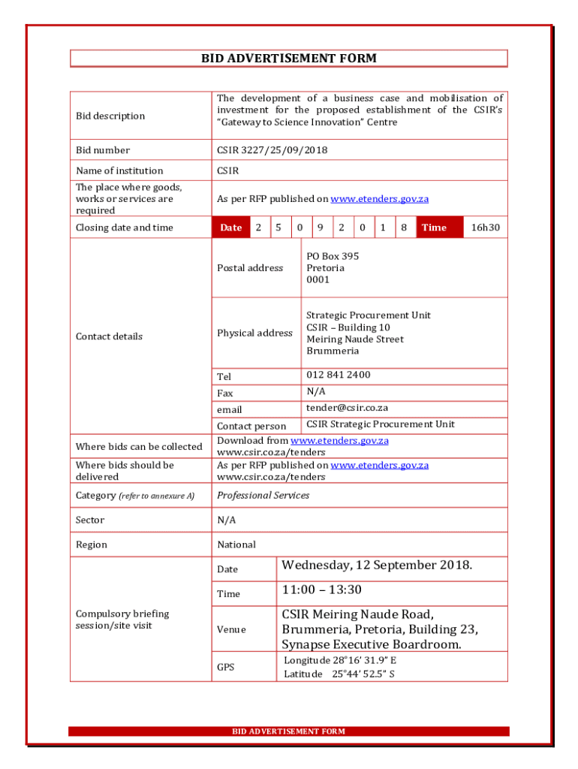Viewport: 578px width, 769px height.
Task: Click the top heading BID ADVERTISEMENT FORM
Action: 288,59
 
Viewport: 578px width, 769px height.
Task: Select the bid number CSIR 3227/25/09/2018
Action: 272,150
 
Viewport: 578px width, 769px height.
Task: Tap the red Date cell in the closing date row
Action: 230,228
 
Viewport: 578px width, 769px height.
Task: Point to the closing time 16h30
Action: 485,228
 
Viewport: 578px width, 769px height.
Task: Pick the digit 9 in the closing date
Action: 321,228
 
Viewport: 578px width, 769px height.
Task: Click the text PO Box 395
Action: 333,256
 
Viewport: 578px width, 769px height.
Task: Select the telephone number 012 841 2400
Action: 338,375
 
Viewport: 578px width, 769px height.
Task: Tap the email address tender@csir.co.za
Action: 347,408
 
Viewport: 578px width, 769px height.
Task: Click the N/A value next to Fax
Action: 316,391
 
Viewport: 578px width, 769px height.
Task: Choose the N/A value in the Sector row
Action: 227,520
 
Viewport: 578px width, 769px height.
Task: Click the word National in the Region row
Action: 236,544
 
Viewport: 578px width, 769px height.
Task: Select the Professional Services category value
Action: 263,495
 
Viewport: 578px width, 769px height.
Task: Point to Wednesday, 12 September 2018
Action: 377,565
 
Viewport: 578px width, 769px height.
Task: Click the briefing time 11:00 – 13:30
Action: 321,590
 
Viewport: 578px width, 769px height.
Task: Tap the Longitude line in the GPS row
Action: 340,660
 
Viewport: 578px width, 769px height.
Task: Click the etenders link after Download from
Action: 339,441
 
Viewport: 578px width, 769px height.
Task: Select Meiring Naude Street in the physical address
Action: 354,339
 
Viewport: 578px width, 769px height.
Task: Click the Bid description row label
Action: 110,116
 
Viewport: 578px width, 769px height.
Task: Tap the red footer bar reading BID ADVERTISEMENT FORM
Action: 288,731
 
